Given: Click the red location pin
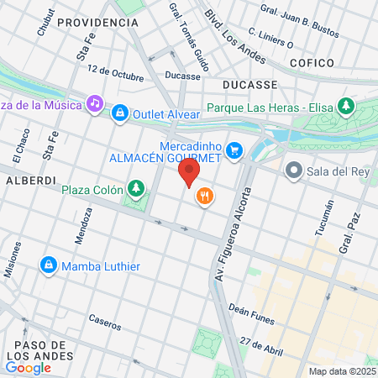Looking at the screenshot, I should [189, 173].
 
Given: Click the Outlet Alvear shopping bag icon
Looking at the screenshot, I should [121, 112].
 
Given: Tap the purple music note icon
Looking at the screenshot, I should [95, 104].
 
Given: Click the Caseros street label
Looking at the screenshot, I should [106, 320].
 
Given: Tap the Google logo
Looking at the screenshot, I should [28, 367].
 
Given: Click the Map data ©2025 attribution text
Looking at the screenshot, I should [342, 371].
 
